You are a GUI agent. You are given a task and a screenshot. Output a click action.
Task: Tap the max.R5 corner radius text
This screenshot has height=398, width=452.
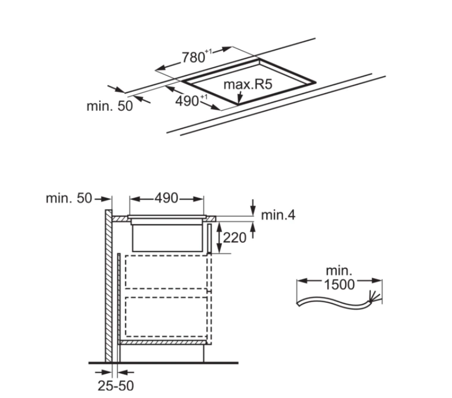click(248, 85)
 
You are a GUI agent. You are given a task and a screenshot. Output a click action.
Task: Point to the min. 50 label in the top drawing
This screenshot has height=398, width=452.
click(110, 106)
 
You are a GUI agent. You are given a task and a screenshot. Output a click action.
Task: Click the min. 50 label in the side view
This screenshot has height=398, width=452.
click(69, 199)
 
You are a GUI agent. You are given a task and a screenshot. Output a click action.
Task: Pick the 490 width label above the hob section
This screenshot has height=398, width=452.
click(166, 199)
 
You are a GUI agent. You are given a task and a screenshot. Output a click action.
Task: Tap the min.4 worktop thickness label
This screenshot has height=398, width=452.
click(278, 215)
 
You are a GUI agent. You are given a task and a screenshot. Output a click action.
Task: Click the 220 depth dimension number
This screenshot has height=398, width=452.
click(234, 238)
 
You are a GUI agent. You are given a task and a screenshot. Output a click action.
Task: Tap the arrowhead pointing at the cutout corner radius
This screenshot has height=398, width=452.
click(239, 101)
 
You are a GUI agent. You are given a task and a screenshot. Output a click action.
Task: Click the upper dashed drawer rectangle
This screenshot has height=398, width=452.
click(168, 272)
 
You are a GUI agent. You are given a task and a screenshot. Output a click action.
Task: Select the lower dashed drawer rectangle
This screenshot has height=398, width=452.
click(168, 316)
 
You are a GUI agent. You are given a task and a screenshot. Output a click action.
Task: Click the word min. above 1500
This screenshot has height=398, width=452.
click(338, 271)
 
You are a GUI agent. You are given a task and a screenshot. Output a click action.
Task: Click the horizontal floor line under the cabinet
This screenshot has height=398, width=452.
click(165, 363)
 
